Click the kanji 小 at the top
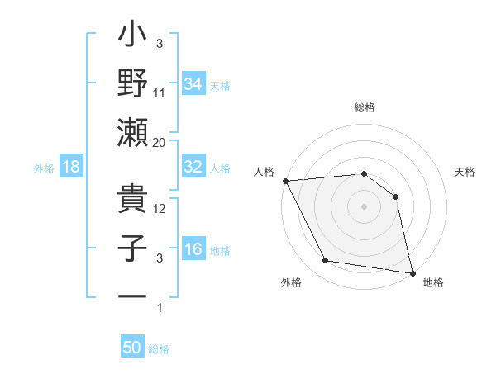(x=133, y=39)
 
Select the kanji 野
(x=133, y=85)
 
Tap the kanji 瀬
(x=133, y=132)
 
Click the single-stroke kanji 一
(x=133, y=296)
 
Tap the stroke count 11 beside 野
(x=160, y=92)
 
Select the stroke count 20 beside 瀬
(x=160, y=142)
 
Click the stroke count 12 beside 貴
(x=160, y=208)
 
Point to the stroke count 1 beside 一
(x=160, y=308)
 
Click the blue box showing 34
(x=193, y=83)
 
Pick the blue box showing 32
(x=193, y=167)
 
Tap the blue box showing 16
(x=193, y=250)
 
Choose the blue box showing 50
(x=132, y=348)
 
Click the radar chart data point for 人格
(x=285, y=180)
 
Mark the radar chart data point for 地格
(x=412, y=272)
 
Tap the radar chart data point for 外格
(x=326, y=261)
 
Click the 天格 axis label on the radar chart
(x=465, y=172)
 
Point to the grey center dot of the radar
(x=364, y=206)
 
